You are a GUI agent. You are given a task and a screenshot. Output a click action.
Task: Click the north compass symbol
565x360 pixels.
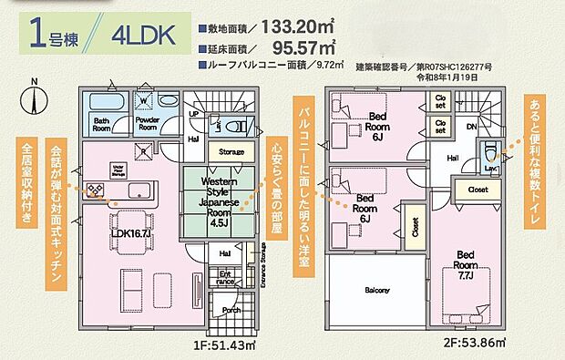pyautogui.click(x=35, y=101)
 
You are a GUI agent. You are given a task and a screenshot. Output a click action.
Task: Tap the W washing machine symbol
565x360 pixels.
pyautogui.click(x=144, y=101)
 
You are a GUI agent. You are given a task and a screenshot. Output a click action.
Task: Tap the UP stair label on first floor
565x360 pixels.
pyautogui.click(x=193, y=113)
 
